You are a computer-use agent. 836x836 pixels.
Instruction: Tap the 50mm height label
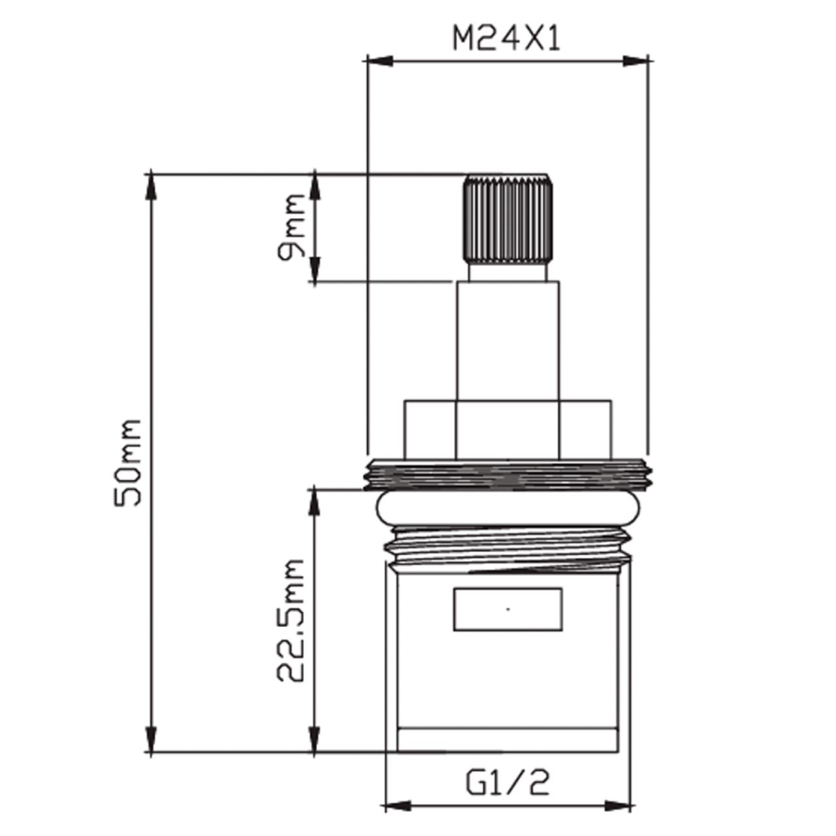pos(127,462)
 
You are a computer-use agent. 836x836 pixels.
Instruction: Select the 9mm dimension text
pos(291,227)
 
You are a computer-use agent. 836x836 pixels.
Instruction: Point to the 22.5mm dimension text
pos(290,621)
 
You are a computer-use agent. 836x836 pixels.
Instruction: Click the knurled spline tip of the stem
pos(508,219)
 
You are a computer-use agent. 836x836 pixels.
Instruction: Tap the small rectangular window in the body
pos(508,609)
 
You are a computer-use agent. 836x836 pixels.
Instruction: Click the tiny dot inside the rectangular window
pos(508,609)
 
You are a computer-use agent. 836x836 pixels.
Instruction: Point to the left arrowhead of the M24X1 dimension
pos(380,61)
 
